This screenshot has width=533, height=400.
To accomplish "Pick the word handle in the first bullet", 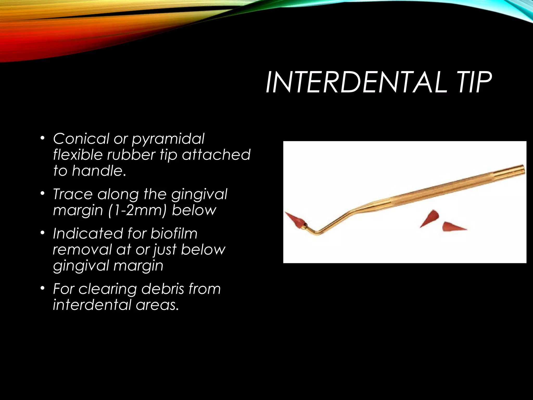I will point(98,171).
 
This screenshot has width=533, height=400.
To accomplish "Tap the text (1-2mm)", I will point(137,210).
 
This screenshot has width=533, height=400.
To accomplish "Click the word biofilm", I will point(174,233).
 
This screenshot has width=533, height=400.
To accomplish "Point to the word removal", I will point(82,249).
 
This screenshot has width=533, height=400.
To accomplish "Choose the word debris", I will point(163,289).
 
